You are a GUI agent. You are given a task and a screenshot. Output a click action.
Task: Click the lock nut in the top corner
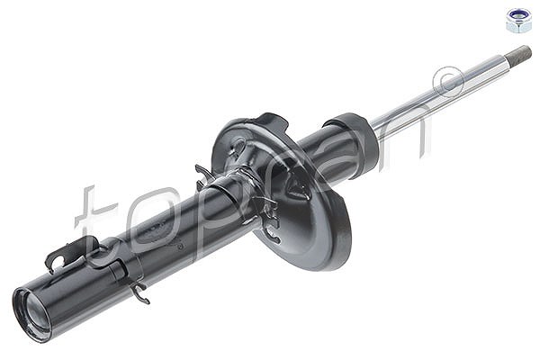coord(518,20)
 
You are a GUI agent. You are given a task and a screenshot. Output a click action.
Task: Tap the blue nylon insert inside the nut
coord(518,15)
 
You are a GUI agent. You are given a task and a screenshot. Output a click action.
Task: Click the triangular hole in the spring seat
coord(297,188)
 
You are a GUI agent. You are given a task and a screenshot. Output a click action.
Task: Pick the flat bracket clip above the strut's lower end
coord(66,254)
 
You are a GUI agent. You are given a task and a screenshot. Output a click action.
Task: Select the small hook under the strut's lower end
coord(142,292)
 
